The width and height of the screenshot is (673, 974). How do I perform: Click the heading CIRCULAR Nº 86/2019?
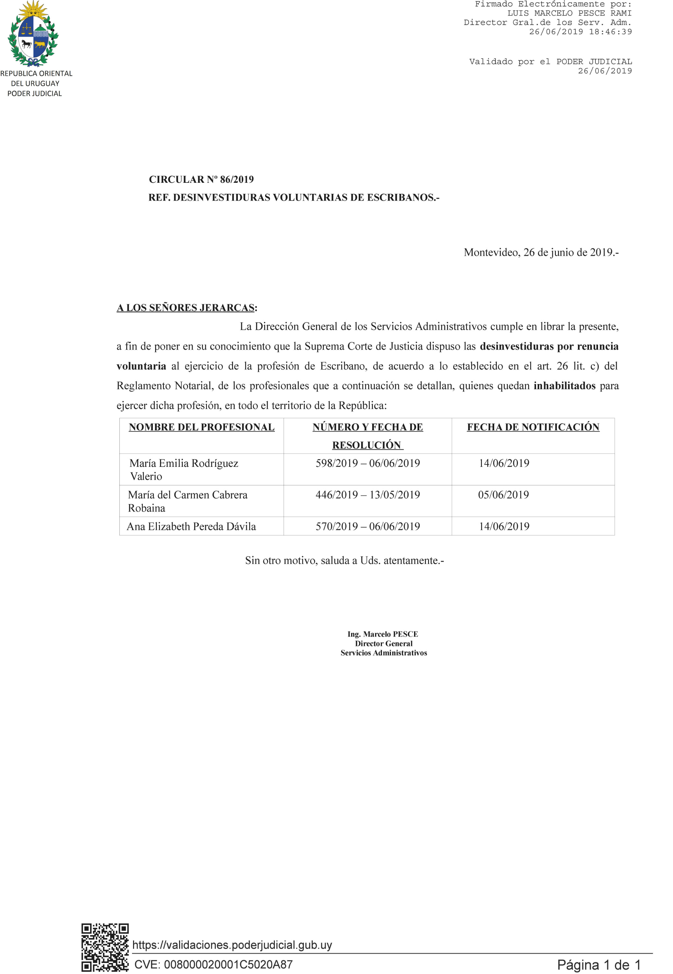coord(201,180)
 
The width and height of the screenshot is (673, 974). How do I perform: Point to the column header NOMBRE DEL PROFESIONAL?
coord(202,427)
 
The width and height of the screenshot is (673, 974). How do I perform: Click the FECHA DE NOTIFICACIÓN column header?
coord(533,427)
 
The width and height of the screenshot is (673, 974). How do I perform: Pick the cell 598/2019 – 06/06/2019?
coord(368,463)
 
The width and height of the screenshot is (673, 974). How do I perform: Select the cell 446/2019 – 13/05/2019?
coord(368,495)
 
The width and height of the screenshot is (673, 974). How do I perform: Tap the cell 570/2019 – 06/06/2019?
coord(368,526)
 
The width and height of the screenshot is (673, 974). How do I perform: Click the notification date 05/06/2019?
coord(503,495)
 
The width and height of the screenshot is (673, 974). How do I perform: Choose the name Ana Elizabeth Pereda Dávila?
coord(191,526)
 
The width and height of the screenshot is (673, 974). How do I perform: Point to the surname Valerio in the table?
coord(146,476)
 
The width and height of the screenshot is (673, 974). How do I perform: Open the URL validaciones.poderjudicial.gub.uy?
coord(232,944)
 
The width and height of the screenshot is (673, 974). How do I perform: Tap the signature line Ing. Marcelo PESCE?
coord(383,634)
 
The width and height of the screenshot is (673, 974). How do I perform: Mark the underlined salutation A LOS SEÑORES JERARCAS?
coord(186,308)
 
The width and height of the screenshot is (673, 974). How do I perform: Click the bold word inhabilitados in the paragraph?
coord(564,386)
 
